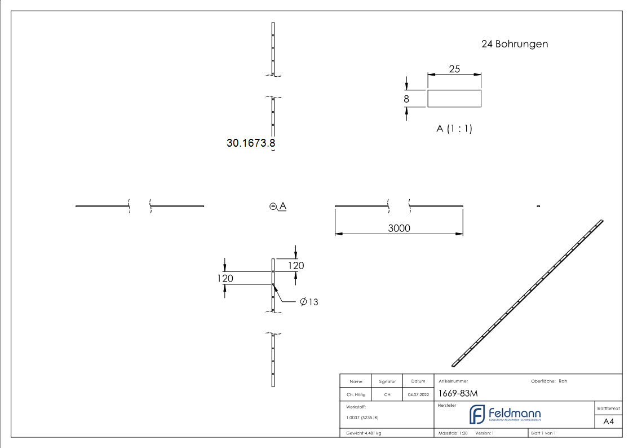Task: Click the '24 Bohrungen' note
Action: pyautogui.click(x=514, y=44)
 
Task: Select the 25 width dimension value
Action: pyautogui.click(x=454, y=69)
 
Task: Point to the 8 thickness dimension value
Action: pyautogui.click(x=406, y=99)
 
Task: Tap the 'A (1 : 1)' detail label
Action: pyautogui.click(x=454, y=129)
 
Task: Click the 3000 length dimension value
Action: pyautogui.click(x=399, y=228)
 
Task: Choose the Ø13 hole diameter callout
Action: pyautogui.click(x=309, y=302)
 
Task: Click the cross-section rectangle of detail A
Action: pyautogui.click(x=454, y=99)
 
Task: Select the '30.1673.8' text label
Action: pyautogui.click(x=251, y=143)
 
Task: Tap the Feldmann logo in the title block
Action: pyautogui.click(x=505, y=415)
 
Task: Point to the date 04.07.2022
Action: pyautogui.click(x=418, y=394)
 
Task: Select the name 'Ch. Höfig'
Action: pyautogui.click(x=356, y=394)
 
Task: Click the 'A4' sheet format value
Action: pyautogui.click(x=609, y=421)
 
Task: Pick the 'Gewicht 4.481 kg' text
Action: pyautogui.click(x=364, y=433)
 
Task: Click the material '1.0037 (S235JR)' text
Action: pyautogui.click(x=362, y=418)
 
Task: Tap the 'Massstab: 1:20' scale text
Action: pyautogui.click(x=453, y=433)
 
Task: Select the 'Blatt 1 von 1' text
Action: pyautogui.click(x=543, y=433)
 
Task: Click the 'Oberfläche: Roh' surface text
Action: pyautogui.click(x=549, y=381)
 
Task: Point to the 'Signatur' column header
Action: pyautogui.click(x=387, y=381)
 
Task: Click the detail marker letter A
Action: pyautogui.click(x=282, y=206)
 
